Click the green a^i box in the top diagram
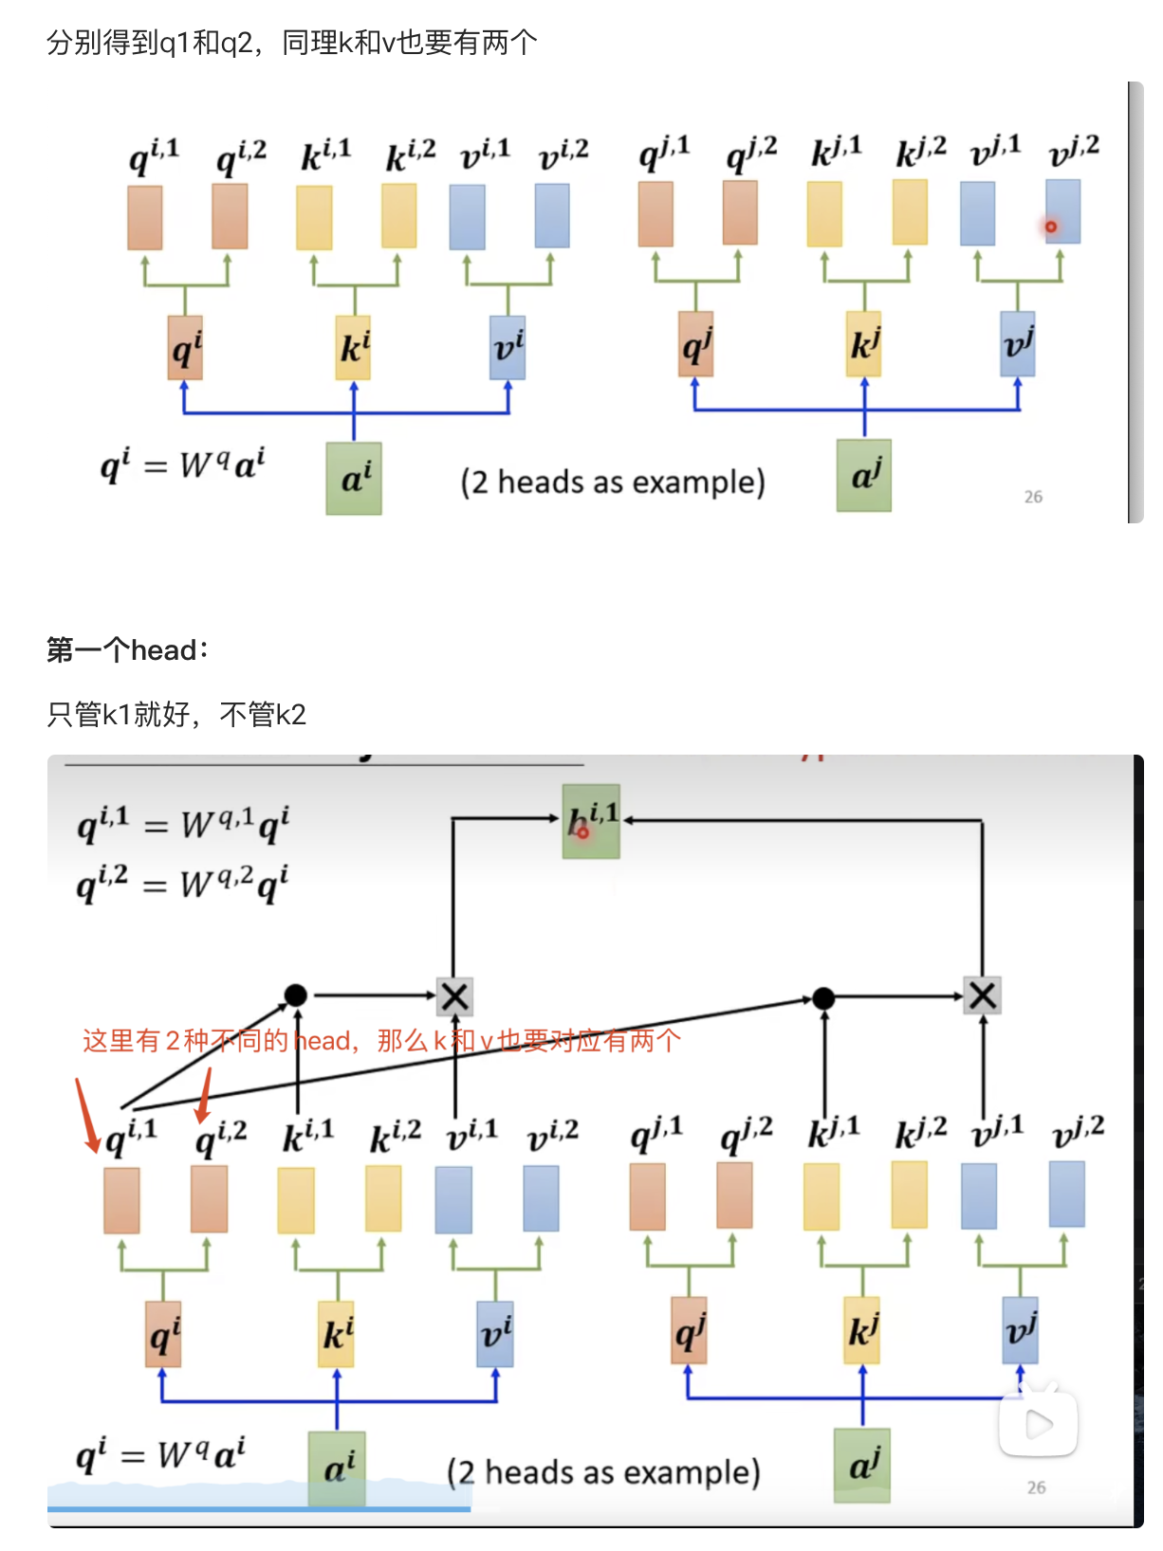point(354,479)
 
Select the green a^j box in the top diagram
point(863,475)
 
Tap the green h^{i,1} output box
point(591,821)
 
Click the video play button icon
point(1039,1423)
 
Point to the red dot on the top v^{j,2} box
point(1051,227)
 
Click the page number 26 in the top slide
point(1033,497)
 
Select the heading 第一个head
point(127,650)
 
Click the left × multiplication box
point(454,996)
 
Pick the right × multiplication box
point(982,995)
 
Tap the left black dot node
point(296,994)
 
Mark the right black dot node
point(823,997)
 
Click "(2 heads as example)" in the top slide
point(613,483)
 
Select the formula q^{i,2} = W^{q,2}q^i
point(182,884)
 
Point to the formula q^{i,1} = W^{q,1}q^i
point(182,823)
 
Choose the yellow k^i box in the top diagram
point(353,348)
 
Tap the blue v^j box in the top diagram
point(1017,344)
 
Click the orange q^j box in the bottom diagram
point(690,1330)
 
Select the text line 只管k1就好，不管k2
point(176,715)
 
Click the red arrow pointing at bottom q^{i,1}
point(86,1116)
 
